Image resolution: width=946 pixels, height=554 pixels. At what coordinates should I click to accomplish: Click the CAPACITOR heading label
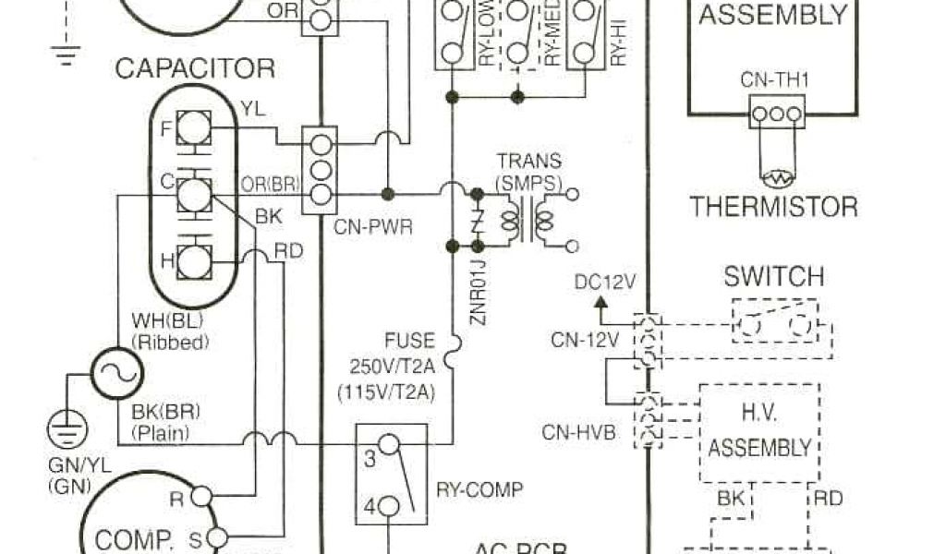click(x=195, y=68)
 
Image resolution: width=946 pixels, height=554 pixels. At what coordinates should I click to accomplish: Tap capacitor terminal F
click(x=193, y=127)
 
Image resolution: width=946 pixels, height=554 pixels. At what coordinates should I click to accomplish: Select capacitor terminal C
click(x=193, y=194)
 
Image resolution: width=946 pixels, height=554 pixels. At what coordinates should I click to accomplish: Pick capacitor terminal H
click(x=193, y=261)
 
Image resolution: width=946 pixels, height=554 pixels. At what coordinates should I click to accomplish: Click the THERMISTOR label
click(x=774, y=206)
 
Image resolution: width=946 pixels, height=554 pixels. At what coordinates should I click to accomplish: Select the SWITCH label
click(x=773, y=276)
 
